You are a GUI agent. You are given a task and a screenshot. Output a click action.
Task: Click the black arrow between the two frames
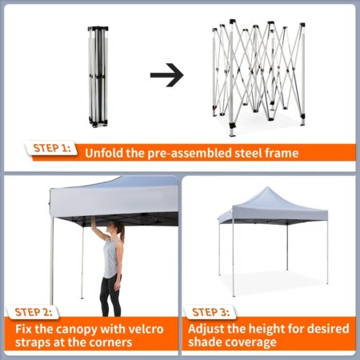point(167,75)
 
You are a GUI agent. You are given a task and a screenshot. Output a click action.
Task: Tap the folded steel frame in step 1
point(98,77)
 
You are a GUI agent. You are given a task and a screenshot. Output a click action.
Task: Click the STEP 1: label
point(52,148)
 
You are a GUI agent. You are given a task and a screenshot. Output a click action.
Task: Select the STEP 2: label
point(34,312)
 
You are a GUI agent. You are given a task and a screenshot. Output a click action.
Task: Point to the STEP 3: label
point(210,312)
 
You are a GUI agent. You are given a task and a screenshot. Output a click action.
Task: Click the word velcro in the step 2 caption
point(146,329)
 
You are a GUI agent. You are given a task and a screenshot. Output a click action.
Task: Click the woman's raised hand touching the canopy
point(94,222)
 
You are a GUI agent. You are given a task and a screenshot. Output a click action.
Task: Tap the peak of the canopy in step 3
point(267,187)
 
